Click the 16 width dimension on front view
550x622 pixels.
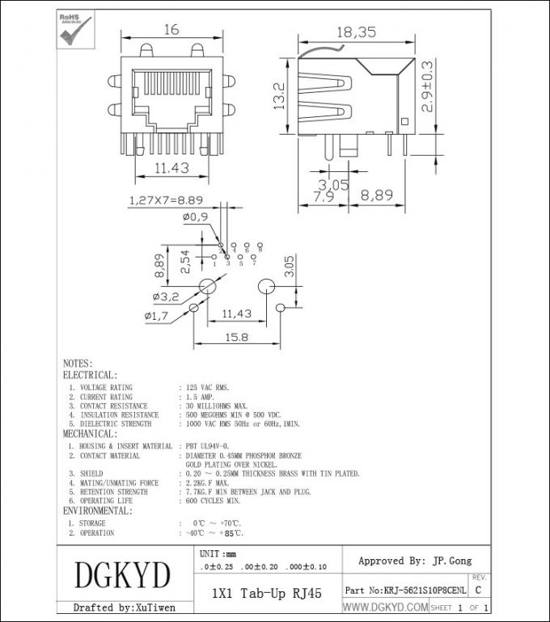(x=171, y=30)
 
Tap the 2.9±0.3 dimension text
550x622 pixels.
(x=427, y=86)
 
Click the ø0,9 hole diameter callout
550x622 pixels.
(x=196, y=216)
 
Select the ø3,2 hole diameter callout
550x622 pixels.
(x=166, y=296)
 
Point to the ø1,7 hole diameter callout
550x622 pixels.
(x=156, y=316)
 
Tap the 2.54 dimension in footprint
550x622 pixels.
(x=185, y=262)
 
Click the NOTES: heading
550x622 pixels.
(x=78, y=364)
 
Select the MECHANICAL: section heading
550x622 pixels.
(x=89, y=434)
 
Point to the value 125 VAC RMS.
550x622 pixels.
(x=207, y=388)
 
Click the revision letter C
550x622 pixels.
(x=479, y=590)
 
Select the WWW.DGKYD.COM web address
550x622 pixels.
(x=385, y=607)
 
